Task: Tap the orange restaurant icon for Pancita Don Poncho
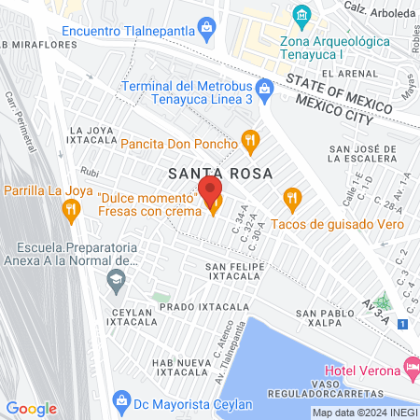point(249,143)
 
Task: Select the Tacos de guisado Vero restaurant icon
point(292,197)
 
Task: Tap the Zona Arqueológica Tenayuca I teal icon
point(301,15)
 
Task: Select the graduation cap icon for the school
point(116,278)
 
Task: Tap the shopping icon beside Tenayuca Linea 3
point(265,88)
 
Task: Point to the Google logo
point(31,408)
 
